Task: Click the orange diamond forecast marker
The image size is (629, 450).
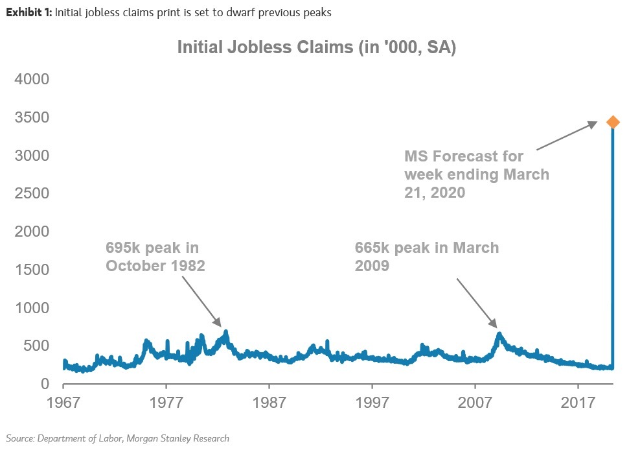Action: (612, 122)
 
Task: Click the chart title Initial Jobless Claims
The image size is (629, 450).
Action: (316, 48)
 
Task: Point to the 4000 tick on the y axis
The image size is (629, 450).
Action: (32, 80)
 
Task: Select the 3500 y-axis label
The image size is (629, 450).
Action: (32, 118)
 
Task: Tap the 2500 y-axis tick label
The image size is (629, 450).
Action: (32, 194)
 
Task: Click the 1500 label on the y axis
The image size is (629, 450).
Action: (32, 270)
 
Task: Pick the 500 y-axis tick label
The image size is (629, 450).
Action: (38, 346)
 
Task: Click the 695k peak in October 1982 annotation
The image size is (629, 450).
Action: (155, 257)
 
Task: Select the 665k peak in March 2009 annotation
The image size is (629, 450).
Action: (426, 257)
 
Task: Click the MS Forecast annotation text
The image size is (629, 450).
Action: (476, 174)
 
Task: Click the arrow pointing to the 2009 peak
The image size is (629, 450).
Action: (476, 303)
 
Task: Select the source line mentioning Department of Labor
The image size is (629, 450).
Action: (118, 438)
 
